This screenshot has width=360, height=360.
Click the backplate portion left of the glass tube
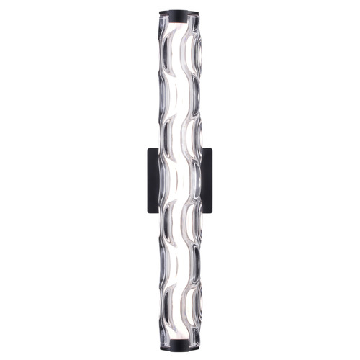[x=153, y=180]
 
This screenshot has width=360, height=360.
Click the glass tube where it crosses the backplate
[x=180, y=180]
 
